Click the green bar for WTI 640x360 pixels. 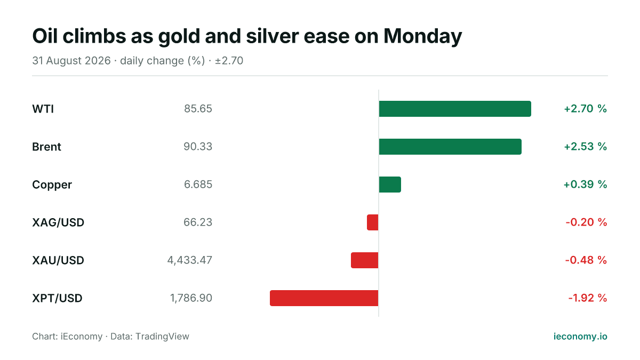pos(455,109)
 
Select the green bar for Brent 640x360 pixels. pos(450,147)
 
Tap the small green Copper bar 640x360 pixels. pos(390,185)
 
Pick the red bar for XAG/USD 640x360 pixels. pos(373,222)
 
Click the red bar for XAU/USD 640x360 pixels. pos(365,260)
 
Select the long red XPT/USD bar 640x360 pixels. pos(324,298)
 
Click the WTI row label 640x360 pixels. pos(43,109)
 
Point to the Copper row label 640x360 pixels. pos(52,185)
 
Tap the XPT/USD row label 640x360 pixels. pos(57,298)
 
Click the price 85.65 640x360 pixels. pos(198,109)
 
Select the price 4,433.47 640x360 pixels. pos(190,260)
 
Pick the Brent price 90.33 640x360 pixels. pos(198,147)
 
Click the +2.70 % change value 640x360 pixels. pos(586,109)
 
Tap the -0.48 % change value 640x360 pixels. pos(586,260)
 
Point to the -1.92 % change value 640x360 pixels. pos(588,298)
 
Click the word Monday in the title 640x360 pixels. pos(422,36)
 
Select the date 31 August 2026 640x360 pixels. pos(71,61)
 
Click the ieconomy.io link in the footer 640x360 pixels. pos(580,337)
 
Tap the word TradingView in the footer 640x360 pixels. pos(162,337)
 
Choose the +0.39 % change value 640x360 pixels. pos(585,185)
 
